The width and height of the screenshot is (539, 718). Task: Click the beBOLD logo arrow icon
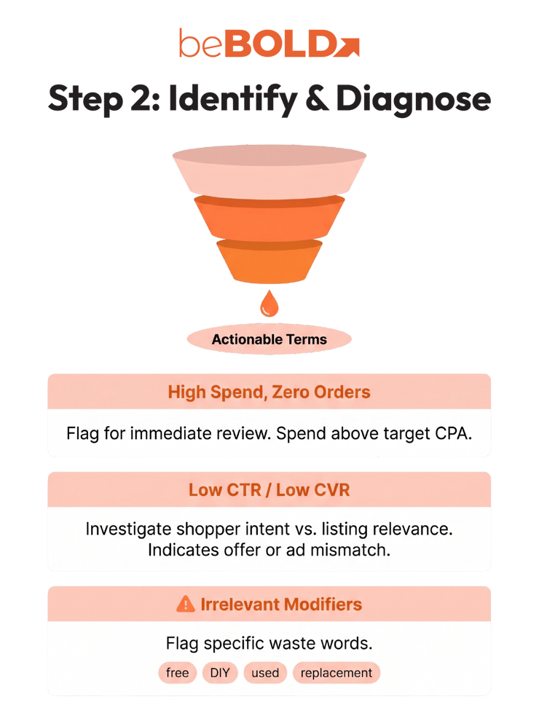click(x=347, y=47)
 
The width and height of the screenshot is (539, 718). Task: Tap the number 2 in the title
click(x=141, y=99)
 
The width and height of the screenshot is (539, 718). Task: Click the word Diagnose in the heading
click(x=414, y=99)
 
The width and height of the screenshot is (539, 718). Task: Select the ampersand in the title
click(x=317, y=98)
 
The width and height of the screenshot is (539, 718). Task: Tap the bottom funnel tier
click(x=269, y=261)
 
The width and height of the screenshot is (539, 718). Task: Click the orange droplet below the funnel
click(x=269, y=304)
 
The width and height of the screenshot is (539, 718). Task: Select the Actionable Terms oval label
click(x=269, y=339)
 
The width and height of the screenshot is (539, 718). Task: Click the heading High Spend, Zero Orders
click(x=269, y=392)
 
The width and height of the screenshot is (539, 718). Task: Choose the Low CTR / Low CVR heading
click(x=269, y=490)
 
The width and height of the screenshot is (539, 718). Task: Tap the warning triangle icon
click(x=186, y=604)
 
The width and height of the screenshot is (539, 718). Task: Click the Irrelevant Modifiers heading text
click(x=281, y=604)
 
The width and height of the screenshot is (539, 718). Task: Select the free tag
click(x=177, y=673)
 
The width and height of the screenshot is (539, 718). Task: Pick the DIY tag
click(x=220, y=673)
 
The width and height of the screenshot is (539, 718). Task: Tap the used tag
click(x=265, y=673)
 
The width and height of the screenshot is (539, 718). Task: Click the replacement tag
click(x=337, y=673)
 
